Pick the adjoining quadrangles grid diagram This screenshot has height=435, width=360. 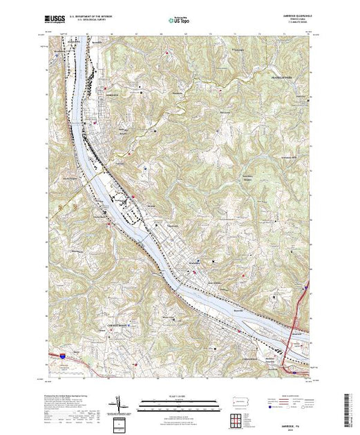tap(238, 420)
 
